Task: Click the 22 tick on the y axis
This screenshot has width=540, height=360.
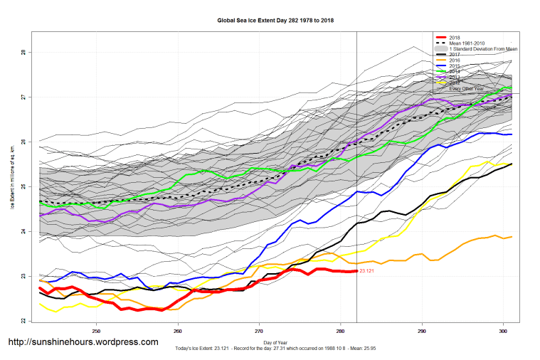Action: tap(23, 321)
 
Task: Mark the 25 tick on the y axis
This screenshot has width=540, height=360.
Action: tap(23, 187)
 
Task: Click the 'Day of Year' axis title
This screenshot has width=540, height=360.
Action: tap(275, 342)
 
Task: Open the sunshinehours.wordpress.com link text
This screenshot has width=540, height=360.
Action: tap(83, 342)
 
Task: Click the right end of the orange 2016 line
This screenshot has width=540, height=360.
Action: tap(512, 237)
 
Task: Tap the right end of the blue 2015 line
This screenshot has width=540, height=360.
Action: tap(512, 134)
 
